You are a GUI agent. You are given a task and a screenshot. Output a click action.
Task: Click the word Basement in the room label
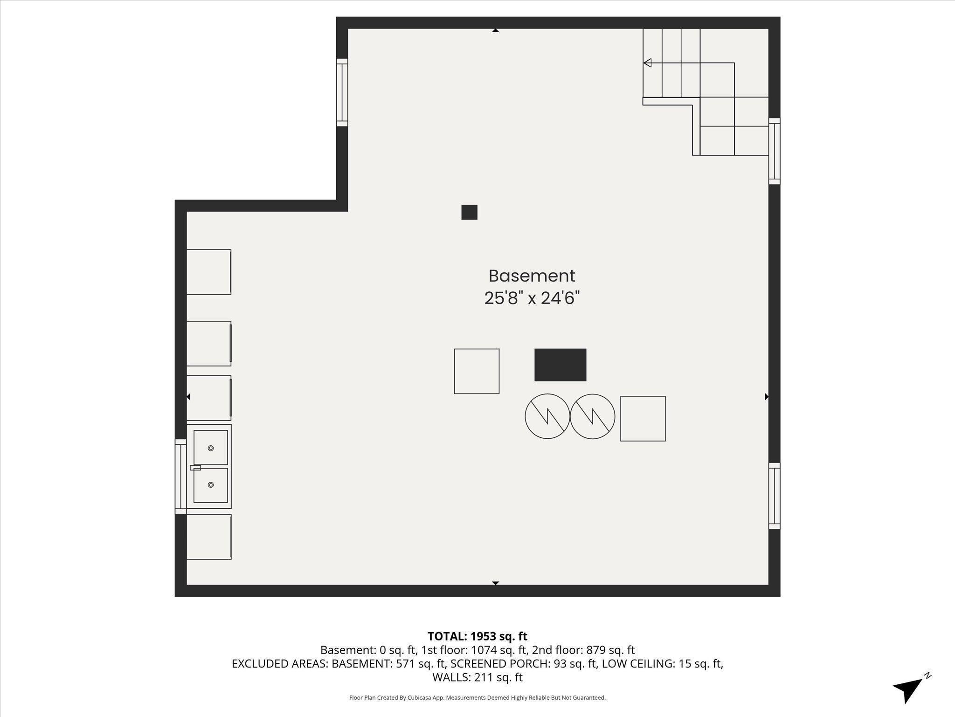[532, 276]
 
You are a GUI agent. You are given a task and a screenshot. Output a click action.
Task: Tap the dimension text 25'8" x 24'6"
[532, 298]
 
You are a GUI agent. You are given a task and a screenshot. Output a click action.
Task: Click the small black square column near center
[469, 212]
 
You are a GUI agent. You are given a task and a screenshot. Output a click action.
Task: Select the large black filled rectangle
[560, 365]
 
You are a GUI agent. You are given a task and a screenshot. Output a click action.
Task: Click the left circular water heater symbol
[547, 416]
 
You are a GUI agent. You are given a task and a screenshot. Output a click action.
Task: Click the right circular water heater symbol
[592, 416]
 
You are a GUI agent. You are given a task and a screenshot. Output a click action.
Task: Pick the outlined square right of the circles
[643, 419]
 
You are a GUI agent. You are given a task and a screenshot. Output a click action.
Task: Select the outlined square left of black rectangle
[477, 371]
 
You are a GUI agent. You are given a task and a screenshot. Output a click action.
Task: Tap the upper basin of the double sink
[210, 448]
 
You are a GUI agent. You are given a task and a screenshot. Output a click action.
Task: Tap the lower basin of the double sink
[210, 485]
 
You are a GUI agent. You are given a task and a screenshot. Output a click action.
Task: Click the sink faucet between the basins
[195, 467]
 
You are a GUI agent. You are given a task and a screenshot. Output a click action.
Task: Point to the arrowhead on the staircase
[647, 63]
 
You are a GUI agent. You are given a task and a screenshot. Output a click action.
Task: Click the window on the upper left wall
[342, 92]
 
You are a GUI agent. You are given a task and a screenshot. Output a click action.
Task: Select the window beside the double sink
[180, 477]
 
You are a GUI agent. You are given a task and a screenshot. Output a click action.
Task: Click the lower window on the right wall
[774, 496]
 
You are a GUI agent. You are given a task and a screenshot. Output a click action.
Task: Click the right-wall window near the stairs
[774, 151]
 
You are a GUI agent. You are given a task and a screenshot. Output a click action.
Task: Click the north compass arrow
[910, 688]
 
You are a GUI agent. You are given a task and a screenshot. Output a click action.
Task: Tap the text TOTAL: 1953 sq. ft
[477, 636]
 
